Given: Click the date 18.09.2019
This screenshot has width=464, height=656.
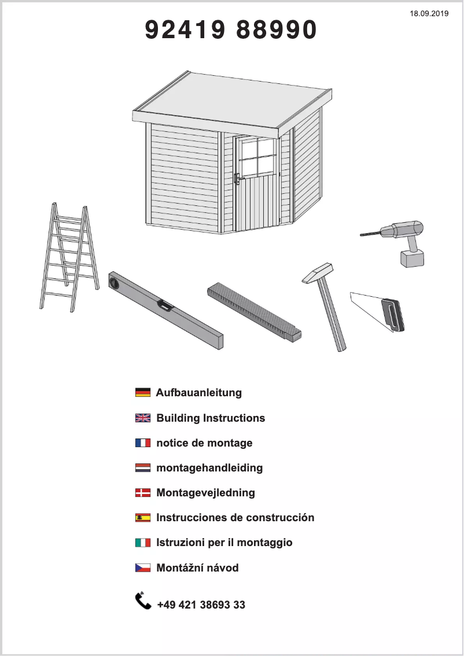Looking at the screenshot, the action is [429, 13].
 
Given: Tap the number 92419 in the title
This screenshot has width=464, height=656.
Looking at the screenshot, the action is [185, 30].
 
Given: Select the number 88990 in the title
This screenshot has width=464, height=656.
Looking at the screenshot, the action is [277, 30].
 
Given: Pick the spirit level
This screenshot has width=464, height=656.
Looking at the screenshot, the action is [165, 309].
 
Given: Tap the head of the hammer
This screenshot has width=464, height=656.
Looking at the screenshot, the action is [317, 272].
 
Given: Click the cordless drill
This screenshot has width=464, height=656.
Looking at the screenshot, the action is [397, 242].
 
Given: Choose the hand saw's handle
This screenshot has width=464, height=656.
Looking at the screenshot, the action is [393, 315].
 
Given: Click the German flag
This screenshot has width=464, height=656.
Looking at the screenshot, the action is [143, 392].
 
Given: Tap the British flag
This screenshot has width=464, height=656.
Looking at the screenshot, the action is [143, 418].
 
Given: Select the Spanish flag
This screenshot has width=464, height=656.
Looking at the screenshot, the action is [143, 518].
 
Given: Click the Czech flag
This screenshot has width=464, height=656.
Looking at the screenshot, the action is [143, 567].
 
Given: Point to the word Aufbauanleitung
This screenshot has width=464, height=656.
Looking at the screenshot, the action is [199, 392].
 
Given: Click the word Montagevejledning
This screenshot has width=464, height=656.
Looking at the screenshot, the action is [205, 493].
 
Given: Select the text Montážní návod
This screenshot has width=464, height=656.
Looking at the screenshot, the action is [197, 567].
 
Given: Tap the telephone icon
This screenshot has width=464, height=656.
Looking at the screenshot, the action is [143, 601].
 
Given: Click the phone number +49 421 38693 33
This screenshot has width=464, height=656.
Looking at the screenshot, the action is [201, 605].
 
